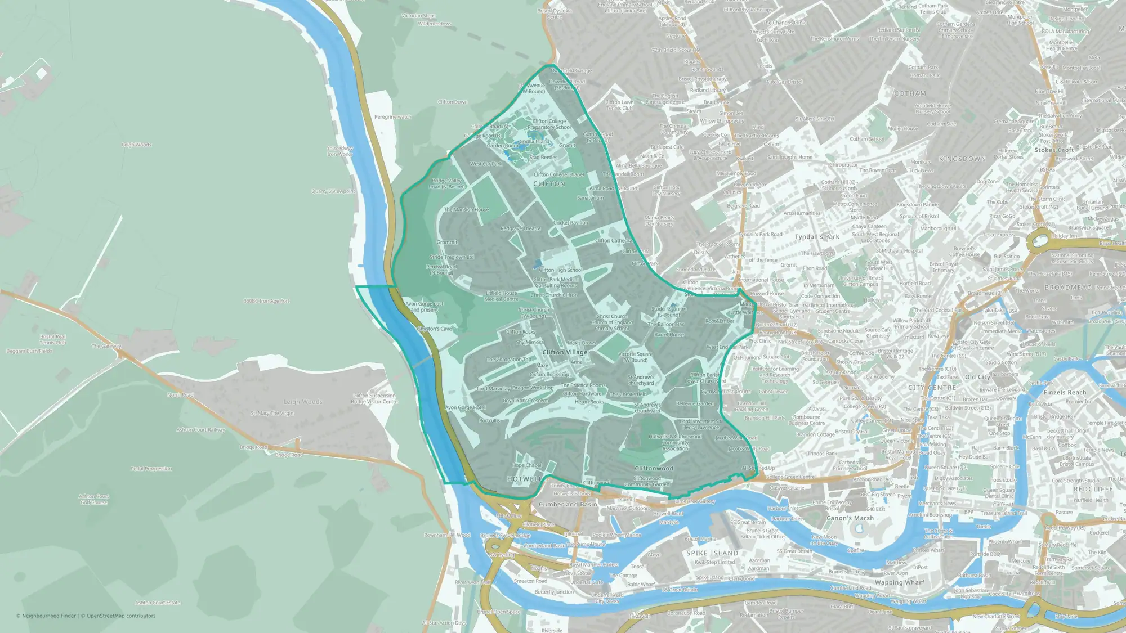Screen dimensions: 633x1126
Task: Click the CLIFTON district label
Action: click(x=549, y=184)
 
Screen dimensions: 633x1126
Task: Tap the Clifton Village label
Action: click(x=565, y=352)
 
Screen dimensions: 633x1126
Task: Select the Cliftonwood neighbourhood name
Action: click(x=654, y=468)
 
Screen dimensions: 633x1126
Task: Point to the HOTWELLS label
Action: click(x=525, y=479)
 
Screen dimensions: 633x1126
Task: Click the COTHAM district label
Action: click(x=910, y=93)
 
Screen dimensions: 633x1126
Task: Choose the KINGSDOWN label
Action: click(x=962, y=159)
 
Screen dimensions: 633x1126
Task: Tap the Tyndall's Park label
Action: click(x=816, y=237)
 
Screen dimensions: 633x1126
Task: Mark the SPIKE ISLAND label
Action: click(x=712, y=553)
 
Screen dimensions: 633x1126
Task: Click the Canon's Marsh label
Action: click(x=850, y=518)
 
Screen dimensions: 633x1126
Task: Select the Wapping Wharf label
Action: click(x=899, y=582)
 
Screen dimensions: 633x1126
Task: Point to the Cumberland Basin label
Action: click(x=568, y=504)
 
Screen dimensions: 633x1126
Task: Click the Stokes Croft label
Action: click(x=1054, y=150)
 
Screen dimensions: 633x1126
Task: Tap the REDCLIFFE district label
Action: click(x=1093, y=489)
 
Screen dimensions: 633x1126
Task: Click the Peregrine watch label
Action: click(x=393, y=117)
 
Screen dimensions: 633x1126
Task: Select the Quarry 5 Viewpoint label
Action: click(x=333, y=191)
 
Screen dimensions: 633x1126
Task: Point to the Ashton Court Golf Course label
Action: click(x=94, y=500)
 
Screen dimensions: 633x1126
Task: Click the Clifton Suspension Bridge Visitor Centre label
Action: click(x=374, y=398)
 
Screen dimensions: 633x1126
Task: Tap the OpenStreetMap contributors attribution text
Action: click(x=121, y=616)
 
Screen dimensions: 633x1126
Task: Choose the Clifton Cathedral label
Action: click(x=613, y=241)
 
